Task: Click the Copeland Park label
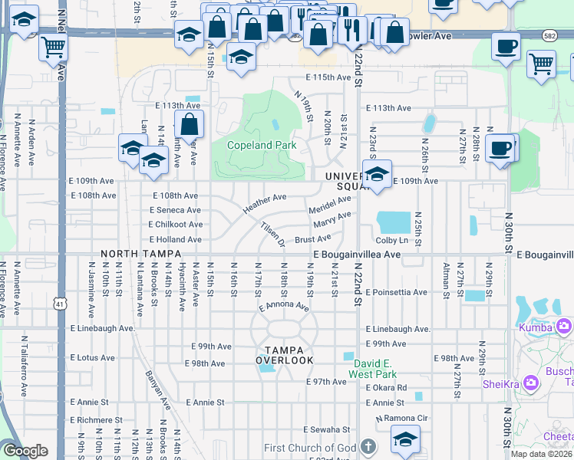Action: (262, 144)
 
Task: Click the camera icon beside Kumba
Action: (565, 327)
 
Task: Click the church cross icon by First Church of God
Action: (368, 447)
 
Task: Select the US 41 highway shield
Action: (60, 304)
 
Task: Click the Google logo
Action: (25, 451)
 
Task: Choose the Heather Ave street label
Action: (264, 203)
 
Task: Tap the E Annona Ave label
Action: (284, 307)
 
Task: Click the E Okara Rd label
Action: (387, 388)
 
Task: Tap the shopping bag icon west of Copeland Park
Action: (189, 124)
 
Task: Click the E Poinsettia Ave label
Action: (396, 293)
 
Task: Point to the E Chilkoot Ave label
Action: (176, 225)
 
